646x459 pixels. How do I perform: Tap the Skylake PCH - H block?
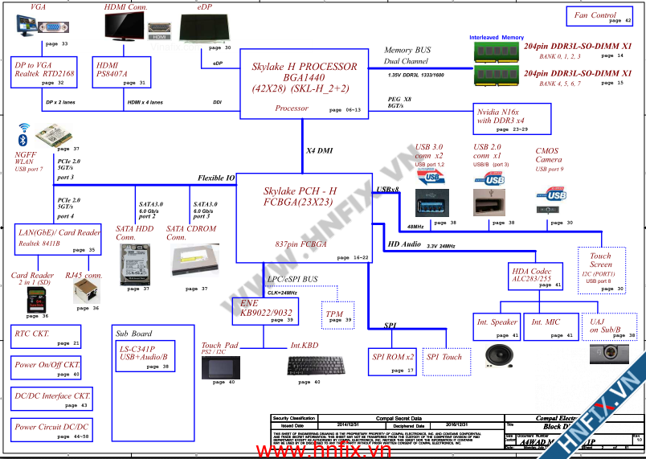[x=304, y=217]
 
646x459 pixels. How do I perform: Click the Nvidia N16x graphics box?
[x=513, y=119]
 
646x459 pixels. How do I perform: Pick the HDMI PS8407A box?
[x=121, y=72]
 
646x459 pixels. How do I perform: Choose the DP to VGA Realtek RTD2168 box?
[x=45, y=72]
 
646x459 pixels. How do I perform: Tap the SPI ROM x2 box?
[x=393, y=361]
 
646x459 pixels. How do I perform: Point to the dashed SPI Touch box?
[x=444, y=361]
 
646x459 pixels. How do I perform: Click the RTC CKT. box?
[x=46, y=336]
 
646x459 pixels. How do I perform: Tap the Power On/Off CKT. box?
[x=46, y=368]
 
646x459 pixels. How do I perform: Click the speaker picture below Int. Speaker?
[x=497, y=355]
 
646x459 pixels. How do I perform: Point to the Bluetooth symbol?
[x=23, y=140]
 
